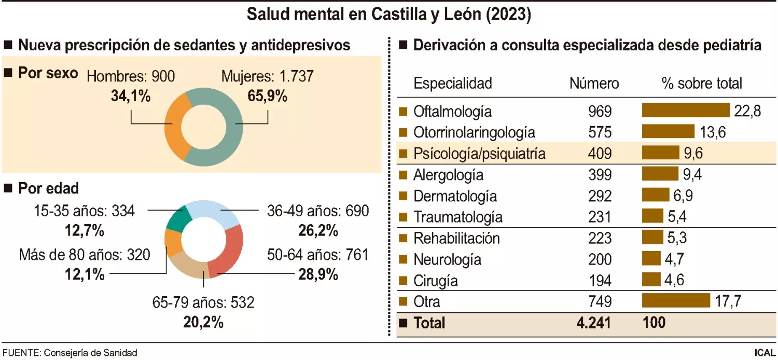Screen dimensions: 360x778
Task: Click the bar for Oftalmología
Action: [x=686, y=110]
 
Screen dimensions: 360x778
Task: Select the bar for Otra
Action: [x=676, y=301]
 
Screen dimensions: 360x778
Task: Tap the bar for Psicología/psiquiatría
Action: [x=660, y=153]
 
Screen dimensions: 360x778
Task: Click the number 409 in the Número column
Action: [x=600, y=154]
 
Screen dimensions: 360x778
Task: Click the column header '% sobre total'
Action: [x=702, y=83]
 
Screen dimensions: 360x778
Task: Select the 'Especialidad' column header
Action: [x=452, y=83]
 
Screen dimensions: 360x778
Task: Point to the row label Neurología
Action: [x=447, y=259]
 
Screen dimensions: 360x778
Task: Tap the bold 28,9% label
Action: [x=318, y=274]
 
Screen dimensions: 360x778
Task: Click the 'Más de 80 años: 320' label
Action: [x=85, y=255]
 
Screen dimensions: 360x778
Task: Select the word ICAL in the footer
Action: [x=765, y=353]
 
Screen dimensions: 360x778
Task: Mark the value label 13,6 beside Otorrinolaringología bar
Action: [x=712, y=132]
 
